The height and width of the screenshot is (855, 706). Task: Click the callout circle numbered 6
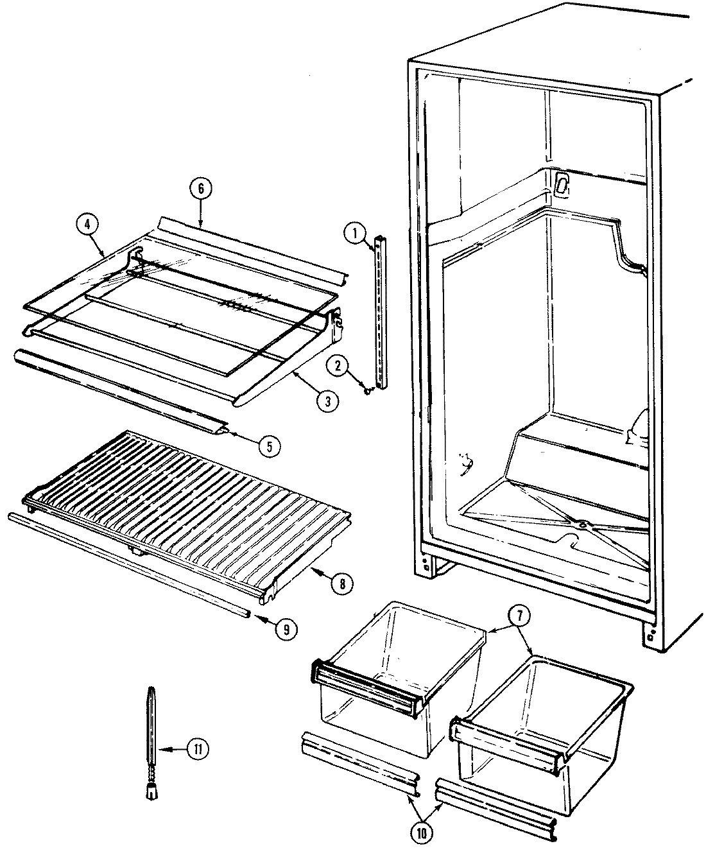[x=200, y=189]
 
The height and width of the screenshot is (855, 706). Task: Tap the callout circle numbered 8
[x=341, y=583]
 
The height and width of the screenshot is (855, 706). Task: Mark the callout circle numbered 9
[x=286, y=630]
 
